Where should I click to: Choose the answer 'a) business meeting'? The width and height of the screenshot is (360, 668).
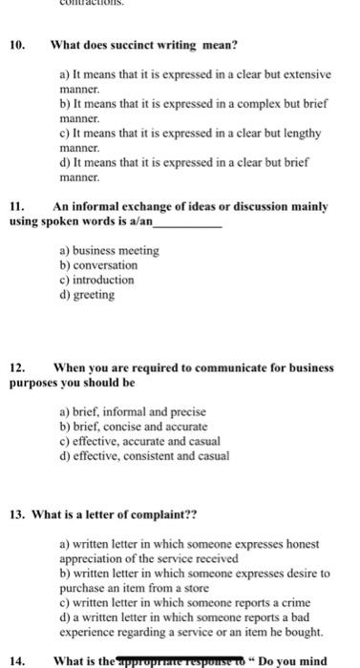tap(109, 250)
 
